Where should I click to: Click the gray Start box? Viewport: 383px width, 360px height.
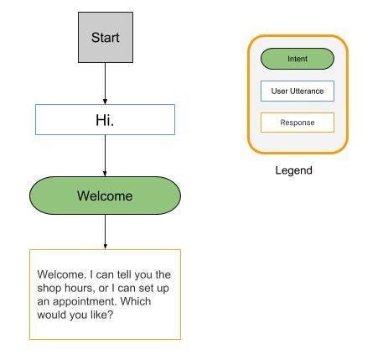(x=105, y=37)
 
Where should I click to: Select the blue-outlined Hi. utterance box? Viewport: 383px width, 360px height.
(x=105, y=120)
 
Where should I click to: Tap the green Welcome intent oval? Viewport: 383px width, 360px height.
(x=105, y=196)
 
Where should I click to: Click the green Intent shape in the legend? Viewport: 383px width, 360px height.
(x=297, y=59)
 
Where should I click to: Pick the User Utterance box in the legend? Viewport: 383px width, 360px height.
(x=297, y=91)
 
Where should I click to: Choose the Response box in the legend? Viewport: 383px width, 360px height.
(x=297, y=123)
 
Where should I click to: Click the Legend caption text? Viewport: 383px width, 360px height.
(x=293, y=170)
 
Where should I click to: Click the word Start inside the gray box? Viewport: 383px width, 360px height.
(x=105, y=38)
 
